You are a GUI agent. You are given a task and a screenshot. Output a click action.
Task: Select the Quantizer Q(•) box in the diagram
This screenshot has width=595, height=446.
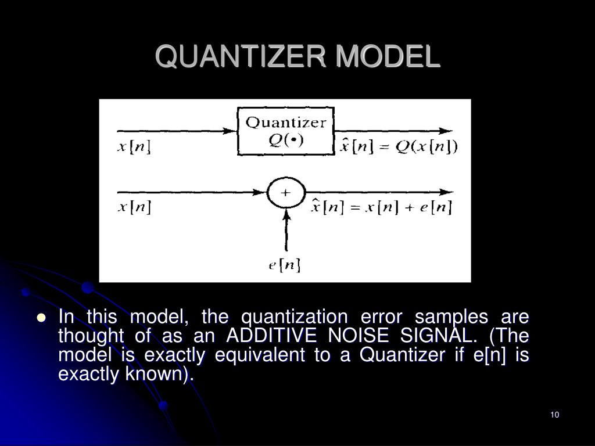click(285, 131)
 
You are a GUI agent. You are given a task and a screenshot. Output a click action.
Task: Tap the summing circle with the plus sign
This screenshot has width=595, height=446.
click(285, 192)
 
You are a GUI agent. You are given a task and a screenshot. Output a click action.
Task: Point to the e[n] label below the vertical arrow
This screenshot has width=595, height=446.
click(285, 265)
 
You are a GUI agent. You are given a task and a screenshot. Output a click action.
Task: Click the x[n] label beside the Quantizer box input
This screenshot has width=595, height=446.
click(134, 147)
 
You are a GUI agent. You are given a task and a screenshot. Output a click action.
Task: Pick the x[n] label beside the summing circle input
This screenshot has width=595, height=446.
click(134, 207)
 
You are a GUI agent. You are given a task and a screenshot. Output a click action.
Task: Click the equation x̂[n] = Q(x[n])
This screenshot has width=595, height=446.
click(398, 147)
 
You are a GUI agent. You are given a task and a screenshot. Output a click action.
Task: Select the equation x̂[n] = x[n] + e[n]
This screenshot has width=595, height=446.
click(381, 207)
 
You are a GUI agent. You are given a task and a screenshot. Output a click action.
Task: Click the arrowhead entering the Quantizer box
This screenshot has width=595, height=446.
click(231, 131)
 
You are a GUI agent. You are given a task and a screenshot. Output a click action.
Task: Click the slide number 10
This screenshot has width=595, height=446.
click(554, 415)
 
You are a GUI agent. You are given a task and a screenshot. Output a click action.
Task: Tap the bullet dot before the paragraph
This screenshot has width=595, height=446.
click(41, 318)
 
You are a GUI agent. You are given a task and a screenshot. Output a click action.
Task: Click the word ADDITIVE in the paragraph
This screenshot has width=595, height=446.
click(263, 336)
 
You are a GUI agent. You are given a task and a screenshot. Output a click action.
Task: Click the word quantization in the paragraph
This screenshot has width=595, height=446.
click(294, 318)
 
